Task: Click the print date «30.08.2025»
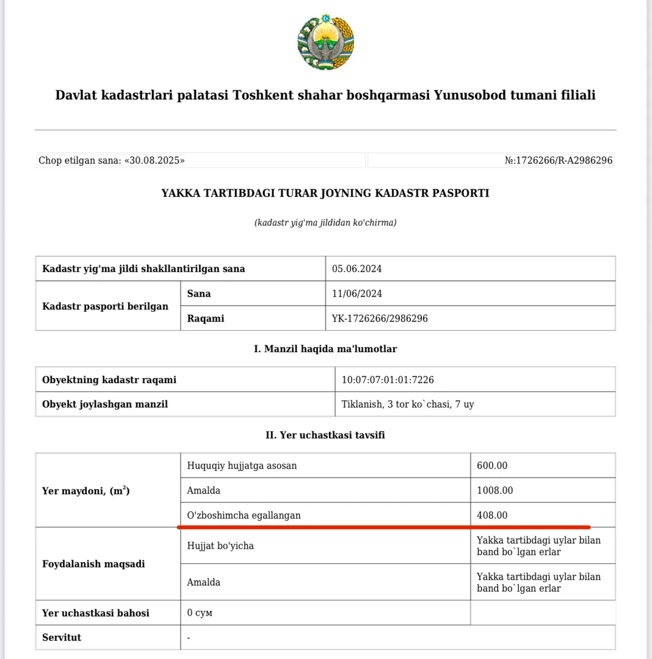pos(155,160)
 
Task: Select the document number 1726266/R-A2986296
pos(563,160)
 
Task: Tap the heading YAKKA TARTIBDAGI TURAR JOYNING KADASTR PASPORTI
pos(325,193)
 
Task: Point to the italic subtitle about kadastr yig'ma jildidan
pos(325,223)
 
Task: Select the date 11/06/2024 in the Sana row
pos(357,293)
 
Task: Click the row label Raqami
pos(206,319)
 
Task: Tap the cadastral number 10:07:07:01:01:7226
pos(388,380)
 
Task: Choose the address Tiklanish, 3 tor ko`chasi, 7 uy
pos(408,404)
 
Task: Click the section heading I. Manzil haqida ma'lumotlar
pos(325,349)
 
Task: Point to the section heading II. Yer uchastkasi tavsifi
pos(325,435)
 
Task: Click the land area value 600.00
pos(492,466)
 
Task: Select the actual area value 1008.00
pos(494,491)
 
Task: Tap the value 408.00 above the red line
pos(492,515)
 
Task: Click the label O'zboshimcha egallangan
pos(244,515)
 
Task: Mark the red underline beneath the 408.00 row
pos(383,527)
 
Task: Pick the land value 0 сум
pos(200,613)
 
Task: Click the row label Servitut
pos(62,638)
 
